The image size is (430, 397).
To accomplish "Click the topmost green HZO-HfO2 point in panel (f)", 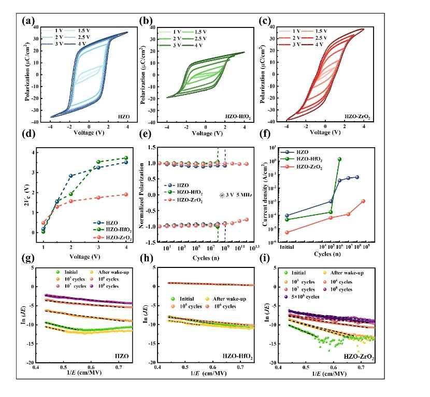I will pyautogui.click(x=340, y=159).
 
